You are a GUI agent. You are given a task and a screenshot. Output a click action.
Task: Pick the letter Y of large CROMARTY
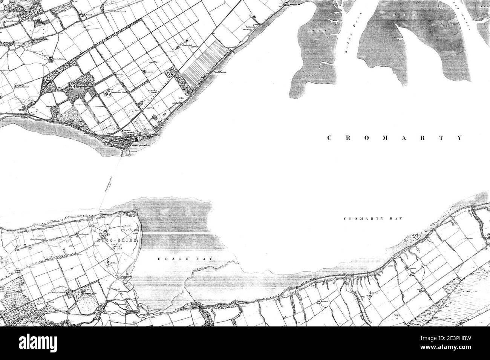pos(459,138)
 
